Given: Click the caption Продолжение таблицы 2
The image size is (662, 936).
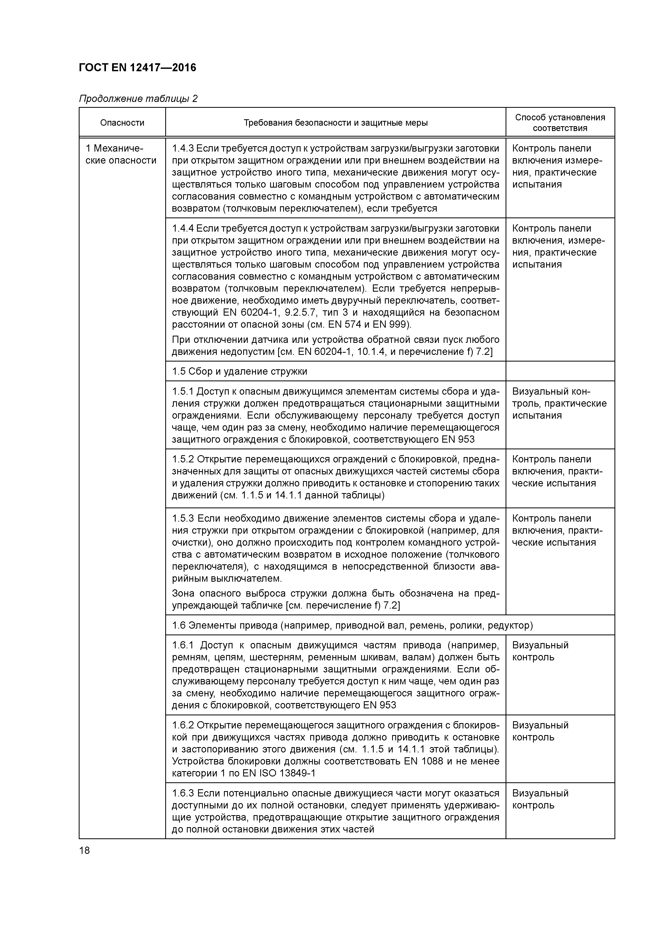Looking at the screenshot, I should pyautogui.click(x=138, y=99).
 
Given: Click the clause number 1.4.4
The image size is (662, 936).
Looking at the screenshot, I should pyautogui.click(x=182, y=229).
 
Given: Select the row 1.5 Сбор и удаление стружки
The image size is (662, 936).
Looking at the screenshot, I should pyautogui.click(x=239, y=371).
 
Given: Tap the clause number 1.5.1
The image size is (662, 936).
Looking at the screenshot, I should pyautogui.click(x=182, y=392).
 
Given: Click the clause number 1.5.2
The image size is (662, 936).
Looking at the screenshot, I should pyautogui.click(x=182, y=459).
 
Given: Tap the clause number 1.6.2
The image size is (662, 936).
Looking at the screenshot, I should pyautogui.click(x=182, y=725).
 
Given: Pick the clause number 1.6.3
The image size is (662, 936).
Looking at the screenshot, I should pyautogui.click(x=182, y=793).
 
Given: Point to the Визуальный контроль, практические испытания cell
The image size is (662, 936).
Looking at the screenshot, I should pyautogui.click(x=559, y=404).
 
